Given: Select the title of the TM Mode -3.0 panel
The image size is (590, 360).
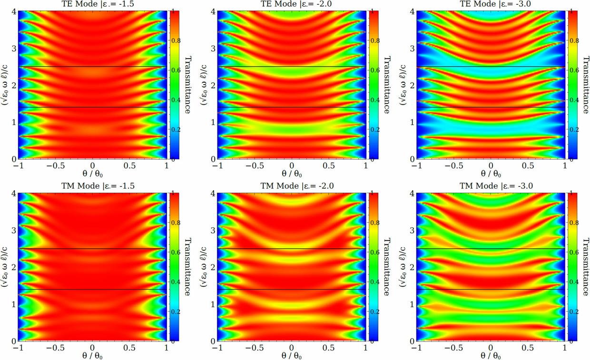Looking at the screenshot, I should tap(491, 186).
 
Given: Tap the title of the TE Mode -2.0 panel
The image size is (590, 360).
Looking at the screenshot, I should tap(292, 4).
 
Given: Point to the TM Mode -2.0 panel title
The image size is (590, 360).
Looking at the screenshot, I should tap(292, 186).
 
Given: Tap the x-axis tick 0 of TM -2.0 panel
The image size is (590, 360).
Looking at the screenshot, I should tap(292, 349).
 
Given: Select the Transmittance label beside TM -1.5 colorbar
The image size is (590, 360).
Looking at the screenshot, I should tap(187, 267).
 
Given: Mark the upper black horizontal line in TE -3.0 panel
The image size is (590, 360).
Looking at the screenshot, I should tap(491, 67).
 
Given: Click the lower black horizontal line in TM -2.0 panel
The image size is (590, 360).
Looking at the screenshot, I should tap(292, 289).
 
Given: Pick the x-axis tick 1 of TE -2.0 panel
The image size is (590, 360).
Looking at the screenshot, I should tap(365, 167).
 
